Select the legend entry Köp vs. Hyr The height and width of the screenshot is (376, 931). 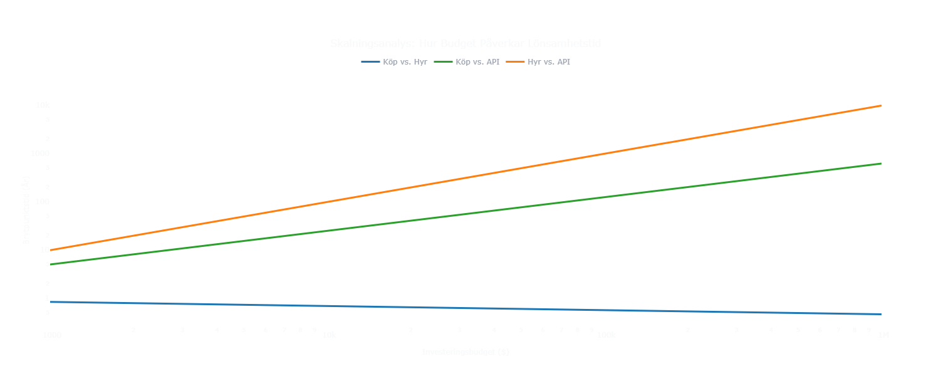point(405,62)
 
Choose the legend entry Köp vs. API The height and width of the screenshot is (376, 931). point(477,62)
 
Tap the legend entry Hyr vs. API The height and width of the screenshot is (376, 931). point(548,62)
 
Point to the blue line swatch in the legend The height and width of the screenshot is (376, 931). point(371,62)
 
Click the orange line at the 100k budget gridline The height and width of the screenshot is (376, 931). point(605,154)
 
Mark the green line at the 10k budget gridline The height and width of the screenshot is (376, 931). point(327,231)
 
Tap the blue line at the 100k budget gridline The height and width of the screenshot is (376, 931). point(605,310)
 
